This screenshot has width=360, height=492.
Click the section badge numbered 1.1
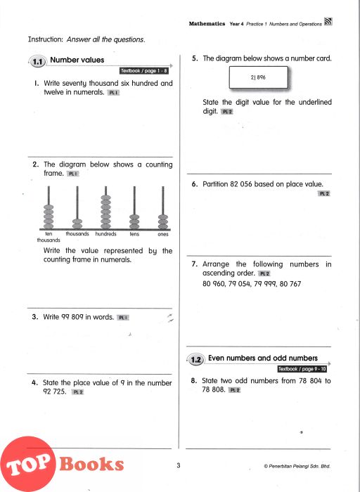[x=38, y=62]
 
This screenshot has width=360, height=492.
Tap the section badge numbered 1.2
[x=196, y=359]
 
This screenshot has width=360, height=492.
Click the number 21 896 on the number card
[x=258, y=77]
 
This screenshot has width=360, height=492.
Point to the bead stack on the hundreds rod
[x=105, y=212]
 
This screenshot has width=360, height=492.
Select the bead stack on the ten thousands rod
[x=49, y=216]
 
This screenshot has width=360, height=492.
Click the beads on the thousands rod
[x=77, y=224]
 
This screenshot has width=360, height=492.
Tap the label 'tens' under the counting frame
[x=134, y=234]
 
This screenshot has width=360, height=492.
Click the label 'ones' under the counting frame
[x=163, y=234]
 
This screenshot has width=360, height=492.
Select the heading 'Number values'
[x=77, y=60]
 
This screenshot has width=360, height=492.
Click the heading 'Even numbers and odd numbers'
[x=263, y=358]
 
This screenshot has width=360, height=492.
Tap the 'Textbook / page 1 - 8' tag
[x=144, y=70]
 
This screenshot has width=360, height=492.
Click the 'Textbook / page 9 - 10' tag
[x=302, y=369]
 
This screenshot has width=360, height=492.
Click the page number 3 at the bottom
[x=179, y=465]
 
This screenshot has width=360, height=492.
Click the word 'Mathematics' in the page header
[x=207, y=23]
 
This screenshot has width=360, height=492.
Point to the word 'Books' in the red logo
[x=91, y=464]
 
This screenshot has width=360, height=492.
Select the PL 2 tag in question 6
[x=324, y=193]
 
